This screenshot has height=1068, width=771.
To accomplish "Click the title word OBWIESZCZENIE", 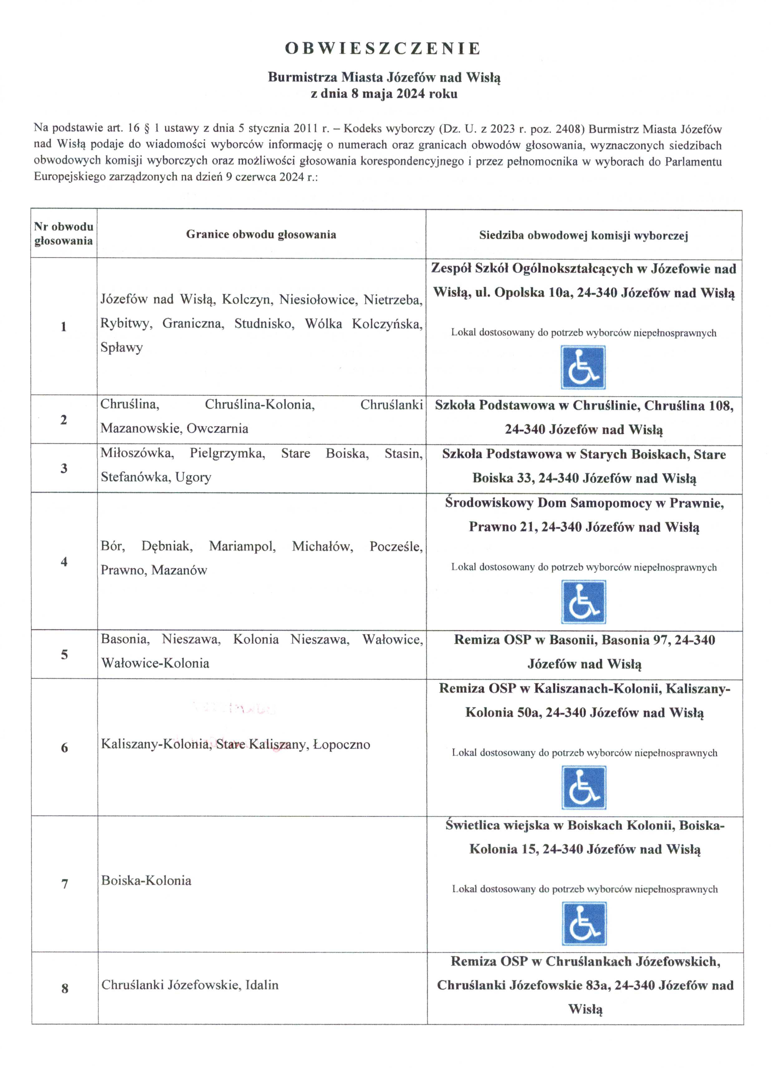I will point(382,49).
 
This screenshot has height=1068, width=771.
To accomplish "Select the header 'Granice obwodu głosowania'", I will point(261,234).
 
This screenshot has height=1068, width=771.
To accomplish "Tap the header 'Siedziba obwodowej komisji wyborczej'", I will point(583,235).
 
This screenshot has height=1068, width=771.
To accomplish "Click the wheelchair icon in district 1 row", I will point(583,367).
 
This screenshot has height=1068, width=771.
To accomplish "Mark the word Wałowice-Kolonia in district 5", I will point(155,663).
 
